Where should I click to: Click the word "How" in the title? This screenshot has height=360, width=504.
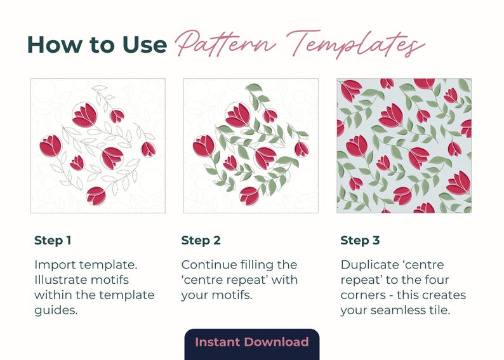click(x=55, y=44)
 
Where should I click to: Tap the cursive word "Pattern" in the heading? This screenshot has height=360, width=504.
click(x=225, y=43)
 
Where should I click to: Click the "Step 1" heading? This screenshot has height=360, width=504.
click(x=53, y=241)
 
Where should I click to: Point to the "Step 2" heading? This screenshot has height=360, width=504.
click(x=201, y=241)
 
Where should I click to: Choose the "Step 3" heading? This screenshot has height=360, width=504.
click(x=360, y=241)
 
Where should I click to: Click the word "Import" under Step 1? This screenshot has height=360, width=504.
click(x=55, y=265)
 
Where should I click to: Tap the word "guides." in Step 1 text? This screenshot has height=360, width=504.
click(x=56, y=311)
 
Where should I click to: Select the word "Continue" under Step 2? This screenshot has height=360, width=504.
click(x=209, y=265)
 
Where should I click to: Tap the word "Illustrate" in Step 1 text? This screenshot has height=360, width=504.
click(x=60, y=279)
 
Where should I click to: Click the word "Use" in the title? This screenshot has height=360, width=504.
click(x=144, y=44)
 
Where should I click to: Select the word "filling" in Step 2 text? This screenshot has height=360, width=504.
click(x=256, y=265)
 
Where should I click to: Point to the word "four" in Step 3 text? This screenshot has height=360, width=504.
click(x=436, y=279)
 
